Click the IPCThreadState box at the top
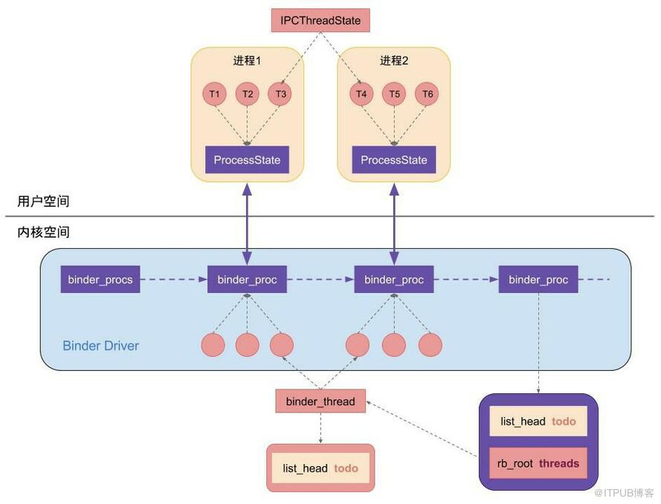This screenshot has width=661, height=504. (320, 20)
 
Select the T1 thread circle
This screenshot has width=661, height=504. (214, 94)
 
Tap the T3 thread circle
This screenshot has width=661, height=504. (280, 94)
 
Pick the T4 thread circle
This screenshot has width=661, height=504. (361, 94)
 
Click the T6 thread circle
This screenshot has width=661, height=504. (427, 94)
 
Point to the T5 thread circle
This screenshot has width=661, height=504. (394, 94)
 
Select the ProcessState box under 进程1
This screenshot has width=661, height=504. (247, 160)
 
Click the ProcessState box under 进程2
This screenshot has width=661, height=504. (394, 160)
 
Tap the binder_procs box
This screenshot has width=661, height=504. (100, 280)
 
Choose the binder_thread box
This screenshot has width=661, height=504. (320, 401)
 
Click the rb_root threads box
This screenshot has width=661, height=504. (538, 463)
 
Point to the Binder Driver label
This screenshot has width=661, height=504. (100, 346)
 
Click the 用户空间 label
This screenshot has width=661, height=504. (44, 201)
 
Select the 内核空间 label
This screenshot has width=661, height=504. (44, 232)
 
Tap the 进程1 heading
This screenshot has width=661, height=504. (247, 60)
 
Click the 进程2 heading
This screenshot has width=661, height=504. (394, 60)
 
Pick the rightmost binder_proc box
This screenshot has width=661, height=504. (538, 280)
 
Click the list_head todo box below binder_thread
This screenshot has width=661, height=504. (320, 468)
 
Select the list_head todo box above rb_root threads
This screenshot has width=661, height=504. (538, 421)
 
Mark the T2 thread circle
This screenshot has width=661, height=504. (247, 94)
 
